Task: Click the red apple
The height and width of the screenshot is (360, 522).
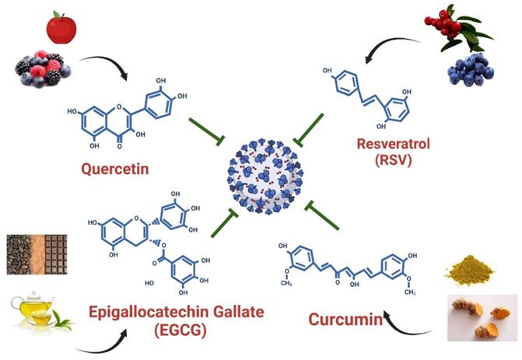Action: (61, 28)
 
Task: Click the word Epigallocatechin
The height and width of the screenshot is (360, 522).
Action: (145, 312)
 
